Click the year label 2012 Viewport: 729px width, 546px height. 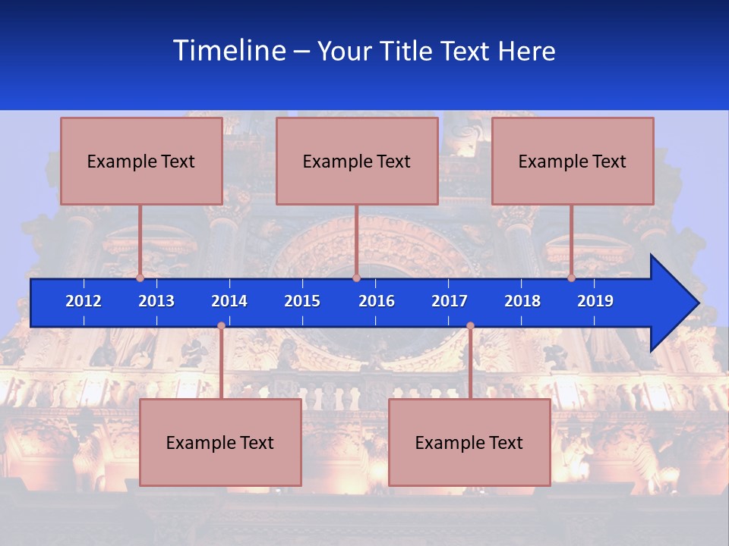point(84,301)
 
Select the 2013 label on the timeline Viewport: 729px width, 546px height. point(156,301)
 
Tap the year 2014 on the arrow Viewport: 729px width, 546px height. point(229,301)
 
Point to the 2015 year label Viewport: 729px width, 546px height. point(302,301)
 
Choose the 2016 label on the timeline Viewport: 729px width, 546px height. point(377,301)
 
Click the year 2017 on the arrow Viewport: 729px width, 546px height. point(450,301)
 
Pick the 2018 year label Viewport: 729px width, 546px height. point(522,301)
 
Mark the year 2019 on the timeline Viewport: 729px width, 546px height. point(595,301)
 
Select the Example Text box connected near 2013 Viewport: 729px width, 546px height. point(141,161)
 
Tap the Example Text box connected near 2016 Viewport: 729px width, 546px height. point(357,161)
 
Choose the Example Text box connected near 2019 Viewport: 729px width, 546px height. point(573,161)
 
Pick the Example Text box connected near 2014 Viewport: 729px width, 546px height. point(220,442)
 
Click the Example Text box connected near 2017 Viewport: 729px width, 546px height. point(469,442)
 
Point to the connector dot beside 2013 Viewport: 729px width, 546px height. point(140,278)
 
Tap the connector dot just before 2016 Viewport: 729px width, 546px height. point(356,278)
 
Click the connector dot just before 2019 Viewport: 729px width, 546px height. point(572,278)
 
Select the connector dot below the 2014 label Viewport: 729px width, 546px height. point(221,326)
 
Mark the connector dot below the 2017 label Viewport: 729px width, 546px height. point(470,326)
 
